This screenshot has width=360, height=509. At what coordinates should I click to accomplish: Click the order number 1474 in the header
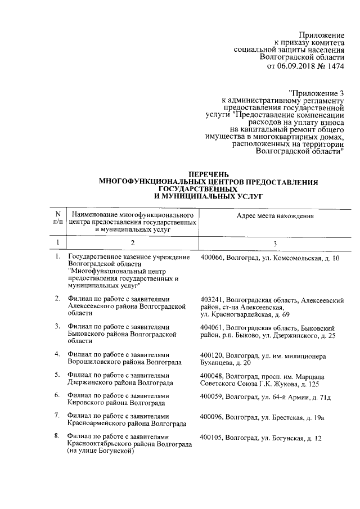click(x=331, y=66)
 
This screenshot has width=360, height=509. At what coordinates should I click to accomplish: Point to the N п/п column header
click(x=57, y=219)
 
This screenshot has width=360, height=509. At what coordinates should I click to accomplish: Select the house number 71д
click(x=325, y=397)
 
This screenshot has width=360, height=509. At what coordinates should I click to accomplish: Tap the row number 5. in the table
click(x=57, y=375)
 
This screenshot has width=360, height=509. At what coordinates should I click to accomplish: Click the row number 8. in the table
click(x=57, y=436)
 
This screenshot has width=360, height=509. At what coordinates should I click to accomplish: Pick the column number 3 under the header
click(x=275, y=243)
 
